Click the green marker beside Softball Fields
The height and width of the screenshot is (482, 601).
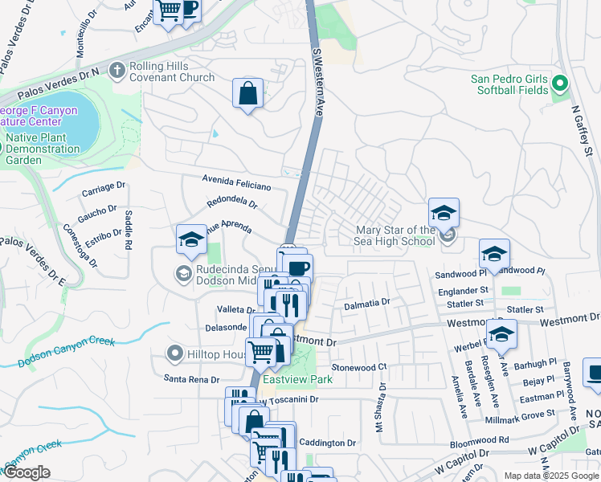(x=559, y=84)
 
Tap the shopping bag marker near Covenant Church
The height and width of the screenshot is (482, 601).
(x=247, y=93)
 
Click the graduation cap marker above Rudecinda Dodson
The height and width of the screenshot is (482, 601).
(x=191, y=239)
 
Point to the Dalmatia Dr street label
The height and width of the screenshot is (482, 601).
(x=366, y=303)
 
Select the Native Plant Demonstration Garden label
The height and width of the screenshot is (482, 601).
(x=43, y=149)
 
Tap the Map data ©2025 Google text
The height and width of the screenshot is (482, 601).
(x=552, y=476)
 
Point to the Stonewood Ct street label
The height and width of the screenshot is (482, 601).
(x=359, y=367)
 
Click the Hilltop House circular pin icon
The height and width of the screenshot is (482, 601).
(x=174, y=353)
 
